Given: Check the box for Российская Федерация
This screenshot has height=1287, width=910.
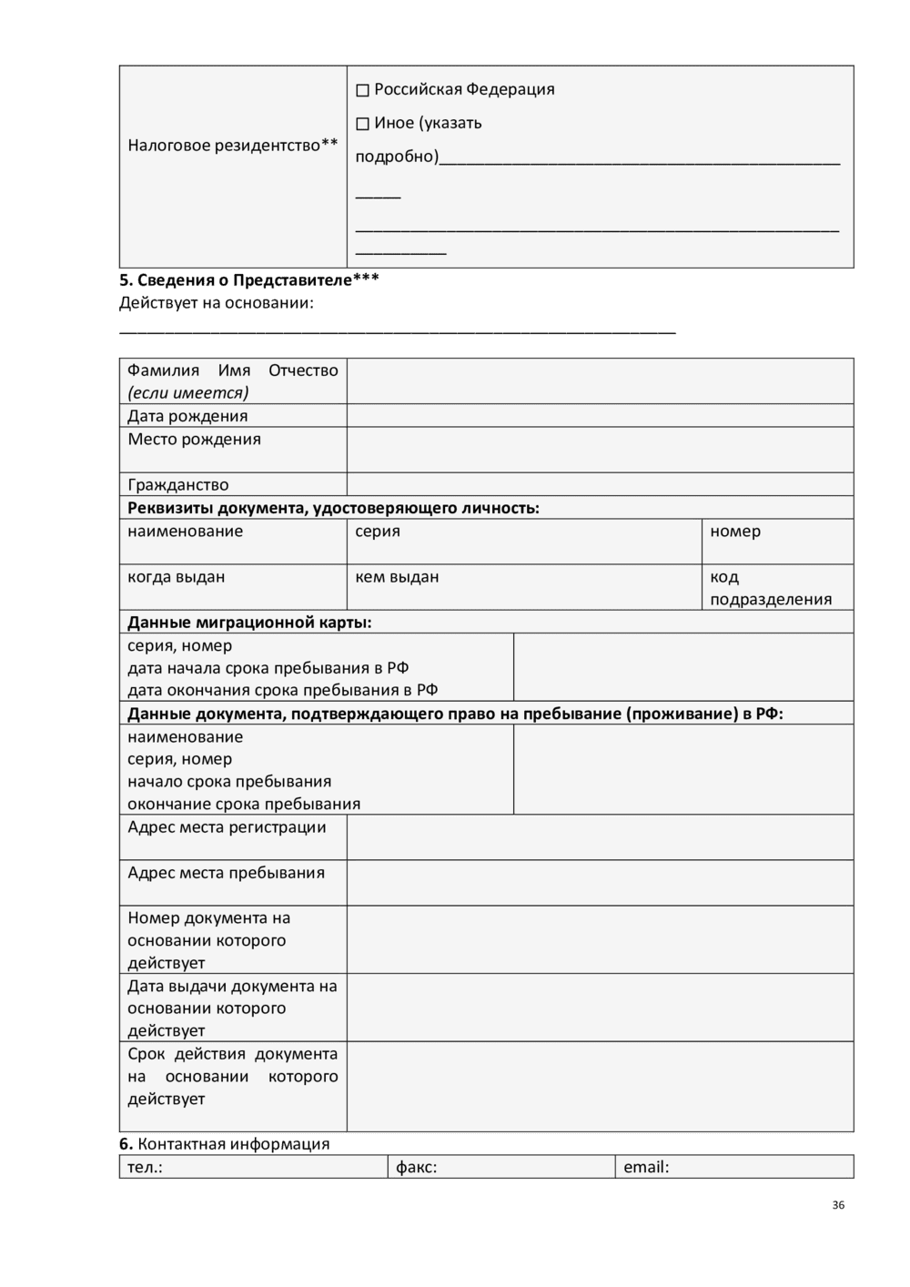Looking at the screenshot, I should (x=362, y=90).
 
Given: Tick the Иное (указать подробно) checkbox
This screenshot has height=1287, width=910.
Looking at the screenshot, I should (x=362, y=124).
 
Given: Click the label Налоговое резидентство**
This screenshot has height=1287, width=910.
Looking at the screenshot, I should (x=232, y=146).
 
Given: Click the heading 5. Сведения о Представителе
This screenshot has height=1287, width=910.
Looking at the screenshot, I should (x=248, y=279).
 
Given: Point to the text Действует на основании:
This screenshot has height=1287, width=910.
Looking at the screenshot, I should (x=217, y=303).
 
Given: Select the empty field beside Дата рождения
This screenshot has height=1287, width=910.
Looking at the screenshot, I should (x=600, y=416).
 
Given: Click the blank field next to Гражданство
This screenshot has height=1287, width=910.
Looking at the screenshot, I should (x=600, y=484).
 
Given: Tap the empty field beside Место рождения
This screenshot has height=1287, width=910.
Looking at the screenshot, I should (x=600, y=450).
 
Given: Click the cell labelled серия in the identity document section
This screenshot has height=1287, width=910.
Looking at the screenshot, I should (x=523, y=542).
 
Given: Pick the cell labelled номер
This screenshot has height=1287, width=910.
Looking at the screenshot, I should (x=777, y=542).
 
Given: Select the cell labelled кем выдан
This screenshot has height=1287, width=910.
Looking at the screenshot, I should (x=523, y=587).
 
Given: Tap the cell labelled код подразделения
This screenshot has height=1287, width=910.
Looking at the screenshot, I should (x=777, y=588).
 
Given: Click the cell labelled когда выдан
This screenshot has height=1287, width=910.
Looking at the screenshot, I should (x=233, y=587).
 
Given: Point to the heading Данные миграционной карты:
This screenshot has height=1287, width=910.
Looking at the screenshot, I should (x=249, y=623).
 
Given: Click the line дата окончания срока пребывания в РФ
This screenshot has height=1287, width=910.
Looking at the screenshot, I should (x=282, y=690).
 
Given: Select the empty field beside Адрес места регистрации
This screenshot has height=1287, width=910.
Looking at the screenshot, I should (x=600, y=837).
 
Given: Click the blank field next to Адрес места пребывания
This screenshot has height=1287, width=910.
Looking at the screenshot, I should (x=600, y=883).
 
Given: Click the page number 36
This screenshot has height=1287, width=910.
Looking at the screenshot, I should (x=838, y=1205).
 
